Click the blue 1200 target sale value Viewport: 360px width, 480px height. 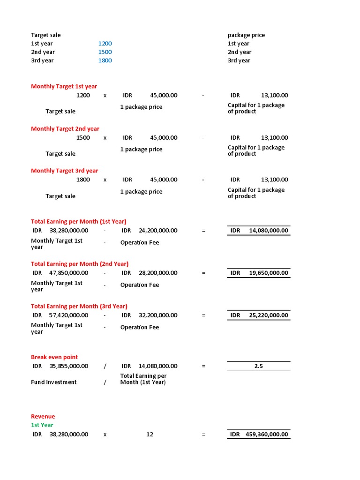[105, 44]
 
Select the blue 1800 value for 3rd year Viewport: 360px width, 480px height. [105, 60]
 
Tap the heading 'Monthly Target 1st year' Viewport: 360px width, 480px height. [64, 86]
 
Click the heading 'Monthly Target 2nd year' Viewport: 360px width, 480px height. [65, 128]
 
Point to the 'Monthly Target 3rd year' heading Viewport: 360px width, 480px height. [65, 171]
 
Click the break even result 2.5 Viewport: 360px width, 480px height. [259, 366]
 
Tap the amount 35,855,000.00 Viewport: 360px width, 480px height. [68, 366]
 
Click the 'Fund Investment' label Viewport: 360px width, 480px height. [54, 382]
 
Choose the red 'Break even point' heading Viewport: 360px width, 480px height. [54, 357]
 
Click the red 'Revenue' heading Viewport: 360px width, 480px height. [43, 416]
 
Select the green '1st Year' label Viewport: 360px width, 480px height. [42, 425]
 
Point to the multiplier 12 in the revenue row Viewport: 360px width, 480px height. [150, 435]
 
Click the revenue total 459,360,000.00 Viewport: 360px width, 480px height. [266, 435]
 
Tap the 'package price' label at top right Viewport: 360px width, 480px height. [246, 35]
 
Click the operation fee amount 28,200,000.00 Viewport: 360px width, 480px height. [158, 273]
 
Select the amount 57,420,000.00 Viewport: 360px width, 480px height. [68, 315]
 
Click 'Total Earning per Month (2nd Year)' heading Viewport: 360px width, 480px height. [80, 264]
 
